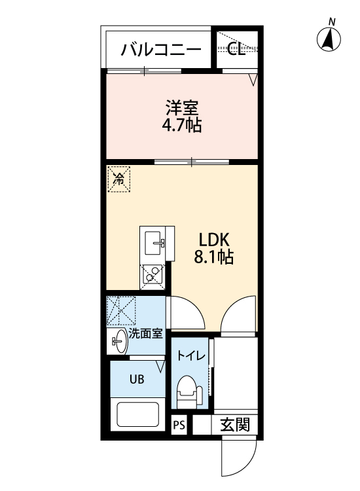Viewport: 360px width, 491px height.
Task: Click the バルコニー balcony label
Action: (161, 50)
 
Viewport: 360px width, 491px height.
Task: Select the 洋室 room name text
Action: (182, 108)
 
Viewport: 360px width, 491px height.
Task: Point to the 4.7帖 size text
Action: (181, 125)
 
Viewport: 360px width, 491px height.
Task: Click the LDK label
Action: (215, 240)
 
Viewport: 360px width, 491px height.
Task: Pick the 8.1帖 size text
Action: (214, 257)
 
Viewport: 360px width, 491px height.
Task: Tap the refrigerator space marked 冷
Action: (118, 179)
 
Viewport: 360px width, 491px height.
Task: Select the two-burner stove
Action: (152, 274)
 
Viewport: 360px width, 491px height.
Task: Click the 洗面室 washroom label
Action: (145, 334)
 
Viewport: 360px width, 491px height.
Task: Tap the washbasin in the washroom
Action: (119, 341)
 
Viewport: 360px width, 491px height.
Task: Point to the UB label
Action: (137, 379)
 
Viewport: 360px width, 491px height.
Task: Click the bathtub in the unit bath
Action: (137, 414)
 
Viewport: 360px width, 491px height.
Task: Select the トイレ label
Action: (191, 356)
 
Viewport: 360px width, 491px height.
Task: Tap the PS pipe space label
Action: (179, 426)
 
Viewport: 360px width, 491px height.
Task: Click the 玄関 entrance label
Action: (235, 425)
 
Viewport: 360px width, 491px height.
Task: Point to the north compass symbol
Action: (329, 37)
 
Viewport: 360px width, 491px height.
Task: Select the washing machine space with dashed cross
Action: (121, 310)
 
